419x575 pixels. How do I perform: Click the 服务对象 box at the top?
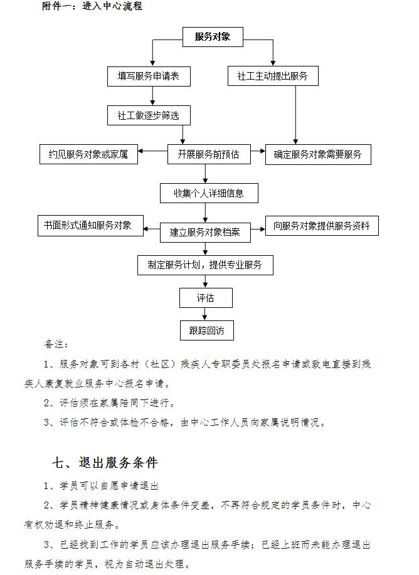click(x=213, y=36)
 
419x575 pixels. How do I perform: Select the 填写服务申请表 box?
click(x=149, y=76)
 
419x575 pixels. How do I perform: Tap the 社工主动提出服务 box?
click(x=273, y=76)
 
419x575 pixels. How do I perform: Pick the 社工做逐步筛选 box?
click(x=149, y=115)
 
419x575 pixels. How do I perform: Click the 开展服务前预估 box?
click(x=209, y=154)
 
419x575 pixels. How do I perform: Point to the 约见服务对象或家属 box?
click(x=88, y=154)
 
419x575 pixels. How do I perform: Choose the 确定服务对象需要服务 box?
click(x=318, y=154)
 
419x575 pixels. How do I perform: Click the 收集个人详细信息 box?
click(x=209, y=193)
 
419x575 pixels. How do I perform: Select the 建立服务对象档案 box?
click(x=205, y=233)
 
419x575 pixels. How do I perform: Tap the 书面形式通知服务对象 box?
click(x=90, y=226)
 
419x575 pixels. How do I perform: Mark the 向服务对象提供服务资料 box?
click(x=322, y=226)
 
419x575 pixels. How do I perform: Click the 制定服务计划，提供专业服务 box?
click(x=205, y=265)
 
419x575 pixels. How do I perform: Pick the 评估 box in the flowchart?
click(x=206, y=298)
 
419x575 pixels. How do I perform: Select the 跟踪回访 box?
click(x=206, y=330)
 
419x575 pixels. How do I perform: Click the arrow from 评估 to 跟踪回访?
click(x=205, y=314)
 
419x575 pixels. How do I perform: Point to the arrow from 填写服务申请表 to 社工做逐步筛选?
click(x=152, y=96)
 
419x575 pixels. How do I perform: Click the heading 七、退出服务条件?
click(x=105, y=462)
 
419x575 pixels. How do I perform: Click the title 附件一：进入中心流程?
click(x=92, y=6)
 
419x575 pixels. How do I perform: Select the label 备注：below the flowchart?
click(x=56, y=344)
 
